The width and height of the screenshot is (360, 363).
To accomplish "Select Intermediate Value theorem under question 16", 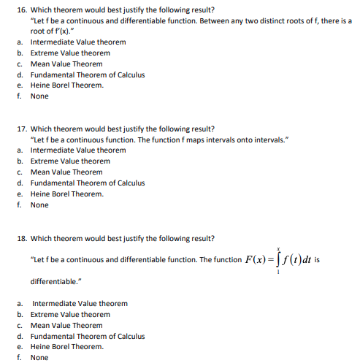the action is click(77, 42).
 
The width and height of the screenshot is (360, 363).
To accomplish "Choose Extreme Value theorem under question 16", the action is click(70, 53).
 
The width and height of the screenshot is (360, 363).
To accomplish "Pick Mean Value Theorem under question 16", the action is click(66, 64).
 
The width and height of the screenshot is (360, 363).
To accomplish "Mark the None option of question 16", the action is click(39, 96).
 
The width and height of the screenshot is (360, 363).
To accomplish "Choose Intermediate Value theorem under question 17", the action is click(77, 150).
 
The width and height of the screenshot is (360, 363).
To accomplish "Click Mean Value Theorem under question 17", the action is click(66, 172).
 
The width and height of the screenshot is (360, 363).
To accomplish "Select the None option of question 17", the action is click(39, 205).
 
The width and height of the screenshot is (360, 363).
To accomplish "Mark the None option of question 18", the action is click(39, 358).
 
